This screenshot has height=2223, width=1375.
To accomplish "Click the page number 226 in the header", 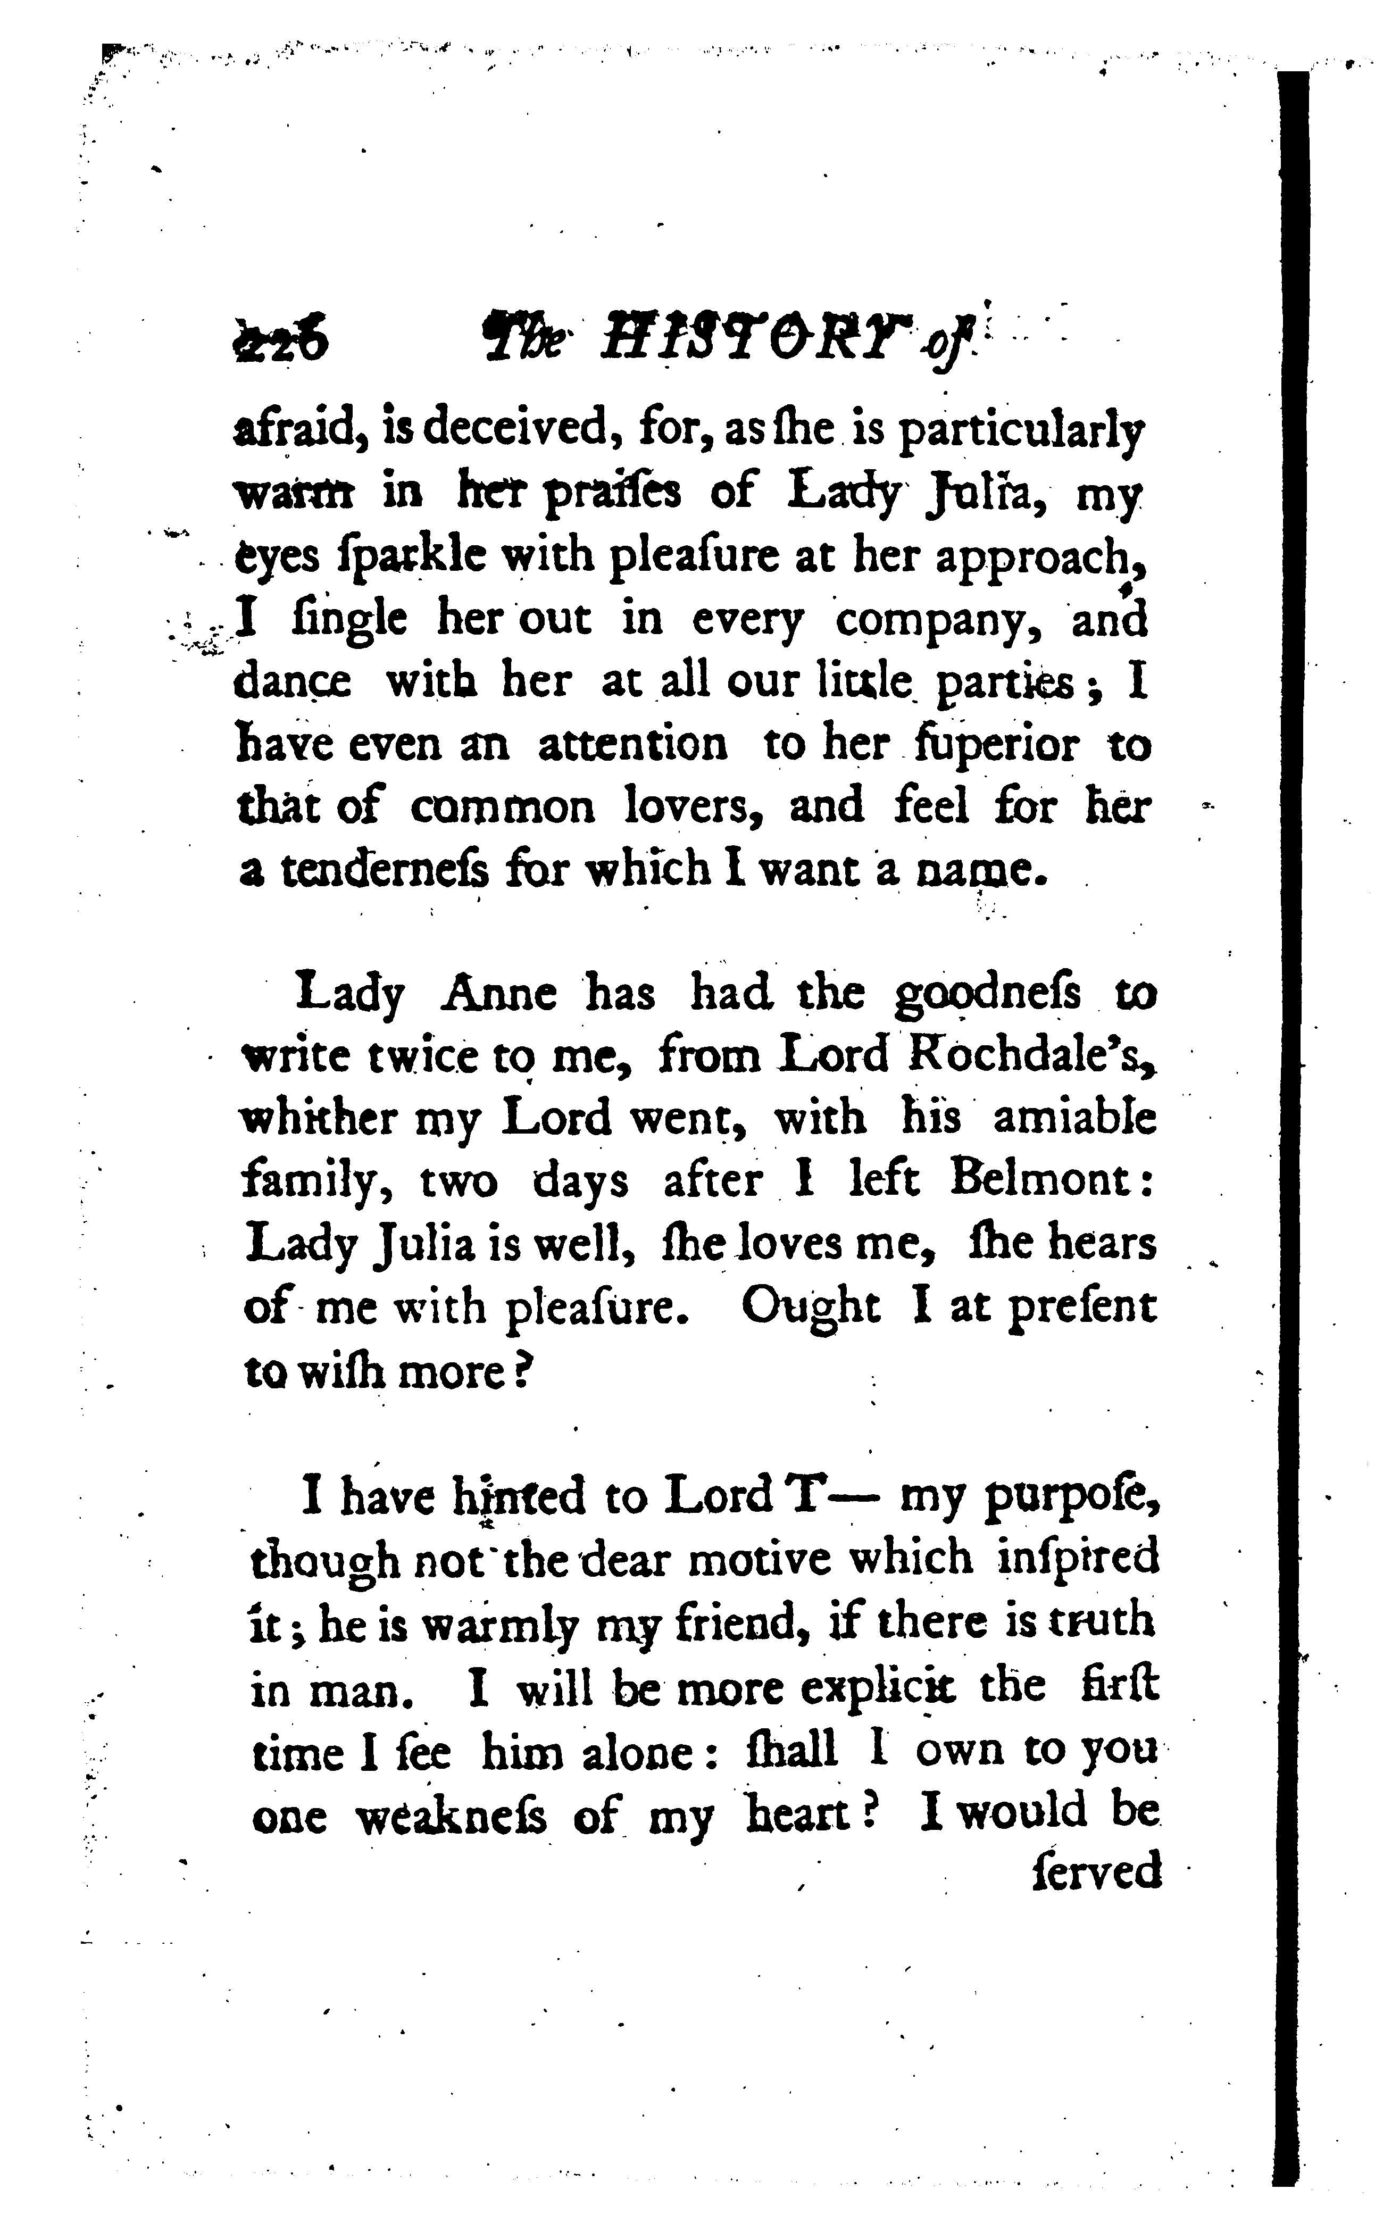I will pyautogui.click(x=280, y=342).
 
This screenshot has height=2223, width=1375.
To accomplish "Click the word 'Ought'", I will pyautogui.click(x=810, y=1308).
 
